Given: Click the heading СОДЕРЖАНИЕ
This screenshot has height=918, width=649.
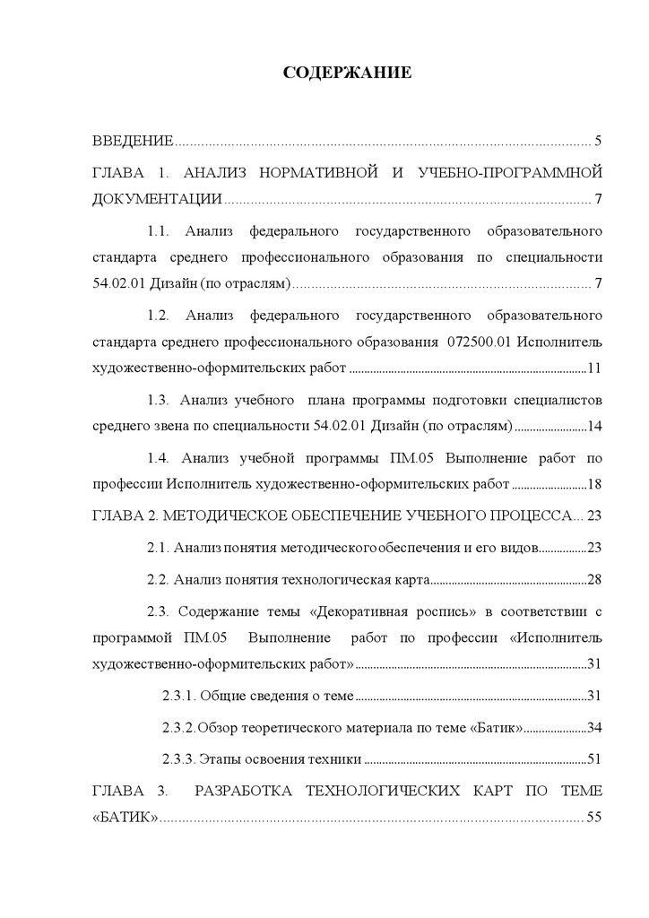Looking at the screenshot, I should (x=347, y=73).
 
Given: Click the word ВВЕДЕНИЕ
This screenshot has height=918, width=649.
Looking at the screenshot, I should (x=133, y=142).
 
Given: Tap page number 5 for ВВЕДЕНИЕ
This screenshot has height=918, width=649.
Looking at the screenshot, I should (x=598, y=142).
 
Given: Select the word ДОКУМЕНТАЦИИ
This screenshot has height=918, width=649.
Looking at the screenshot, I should (x=157, y=199).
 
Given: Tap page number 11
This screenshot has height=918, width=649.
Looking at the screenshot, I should (x=594, y=368).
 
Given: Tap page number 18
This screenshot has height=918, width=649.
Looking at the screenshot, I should (x=594, y=485).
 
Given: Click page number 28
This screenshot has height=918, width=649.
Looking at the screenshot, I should (x=594, y=579).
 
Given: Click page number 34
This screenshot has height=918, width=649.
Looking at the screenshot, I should (x=594, y=727).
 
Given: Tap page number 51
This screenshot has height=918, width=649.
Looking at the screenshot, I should (x=594, y=758).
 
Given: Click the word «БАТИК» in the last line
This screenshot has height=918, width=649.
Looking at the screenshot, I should (x=126, y=817).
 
